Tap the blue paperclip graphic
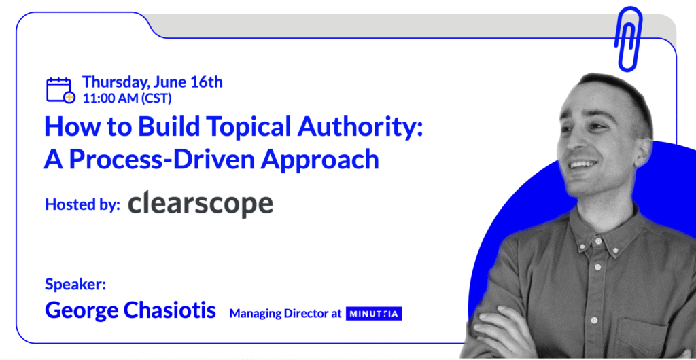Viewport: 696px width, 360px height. pyautogui.click(x=628, y=39)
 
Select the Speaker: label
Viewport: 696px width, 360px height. pyautogui.click(x=75, y=284)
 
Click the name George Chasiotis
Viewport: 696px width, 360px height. pyautogui.click(x=130, y=310)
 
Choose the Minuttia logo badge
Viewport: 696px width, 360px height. pyautogui.click(x=374, y=314)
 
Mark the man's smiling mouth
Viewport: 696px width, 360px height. pyautogui.click(x=582, y=165)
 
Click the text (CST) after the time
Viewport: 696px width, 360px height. pyautogui.click(x=156, y=98)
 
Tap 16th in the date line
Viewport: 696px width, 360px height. pyautogui.click(x=207, y=82)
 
